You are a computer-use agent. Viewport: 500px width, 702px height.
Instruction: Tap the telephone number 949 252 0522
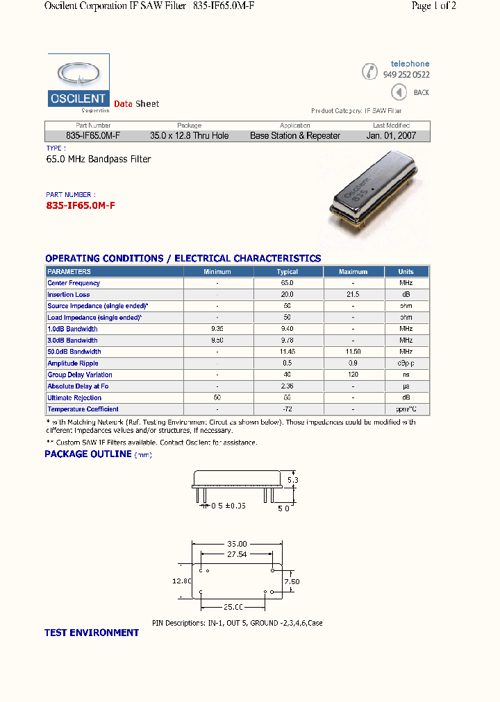tap(406, 75)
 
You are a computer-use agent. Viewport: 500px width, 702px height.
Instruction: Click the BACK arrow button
tap(399, 92)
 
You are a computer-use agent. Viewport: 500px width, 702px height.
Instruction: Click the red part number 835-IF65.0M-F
tap(81, 206)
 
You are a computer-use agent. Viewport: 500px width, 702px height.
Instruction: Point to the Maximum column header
tap(353, 272)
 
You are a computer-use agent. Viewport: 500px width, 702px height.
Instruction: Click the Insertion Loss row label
tap(69, 295)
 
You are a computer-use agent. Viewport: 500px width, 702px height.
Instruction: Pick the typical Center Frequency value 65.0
tap(287, 283)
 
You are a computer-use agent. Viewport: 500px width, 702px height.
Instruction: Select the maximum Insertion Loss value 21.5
tap(353, 295)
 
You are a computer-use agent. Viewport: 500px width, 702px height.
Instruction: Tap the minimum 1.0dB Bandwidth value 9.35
tap(217, 329)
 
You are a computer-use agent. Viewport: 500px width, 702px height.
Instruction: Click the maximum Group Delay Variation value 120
tap(353, 375)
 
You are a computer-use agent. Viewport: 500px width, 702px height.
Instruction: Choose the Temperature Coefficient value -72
tap(287, 409)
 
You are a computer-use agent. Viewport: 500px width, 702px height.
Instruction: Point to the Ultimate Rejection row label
tap(74, 398)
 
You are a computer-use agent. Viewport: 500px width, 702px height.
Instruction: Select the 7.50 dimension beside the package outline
tap(292, 581)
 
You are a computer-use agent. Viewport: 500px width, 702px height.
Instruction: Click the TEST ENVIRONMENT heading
tap(92, 633)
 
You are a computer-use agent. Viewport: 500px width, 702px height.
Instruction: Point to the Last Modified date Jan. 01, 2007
tap(391, 136)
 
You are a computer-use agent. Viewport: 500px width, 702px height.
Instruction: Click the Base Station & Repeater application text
tap(295, 136)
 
